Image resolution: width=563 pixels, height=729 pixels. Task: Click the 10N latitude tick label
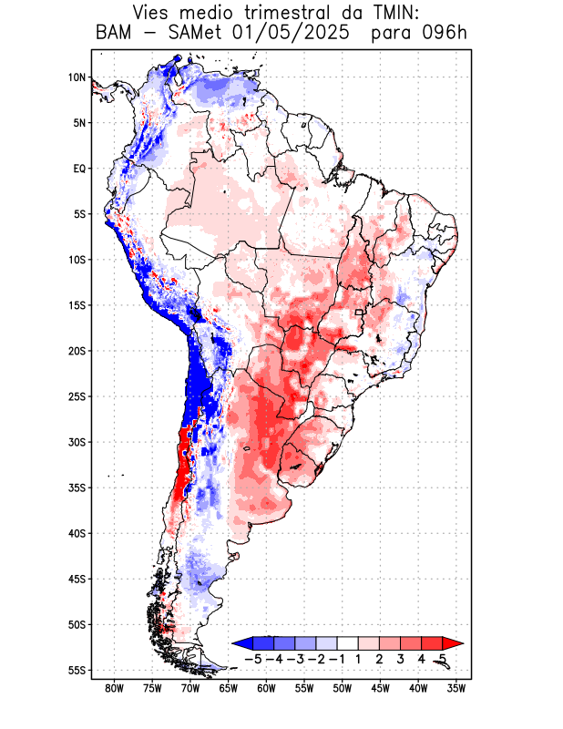77,77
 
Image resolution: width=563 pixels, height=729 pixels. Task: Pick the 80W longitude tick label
114,689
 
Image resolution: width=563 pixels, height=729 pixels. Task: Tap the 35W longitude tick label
456,689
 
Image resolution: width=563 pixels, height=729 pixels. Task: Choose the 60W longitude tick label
266,689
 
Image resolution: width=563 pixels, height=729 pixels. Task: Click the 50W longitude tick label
343,689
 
